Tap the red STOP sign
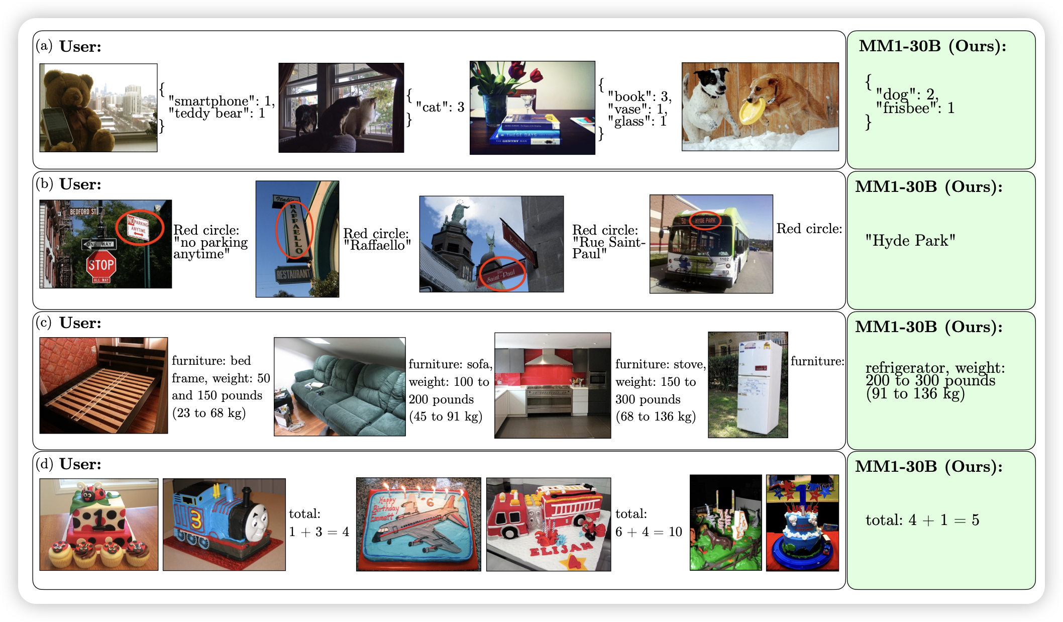[x=101, y=265]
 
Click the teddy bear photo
[x=98, y=108]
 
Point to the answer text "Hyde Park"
[x=910, y=241]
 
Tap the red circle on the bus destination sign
[x=705, y=221]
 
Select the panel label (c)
[x=44, y=323]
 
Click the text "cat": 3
[x=440, y=107]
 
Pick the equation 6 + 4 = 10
[x=649, y=532]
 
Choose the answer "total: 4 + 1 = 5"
[x=922, y=520]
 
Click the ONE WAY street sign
[x=99, y=244]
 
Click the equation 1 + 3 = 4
[x=319, y=532]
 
